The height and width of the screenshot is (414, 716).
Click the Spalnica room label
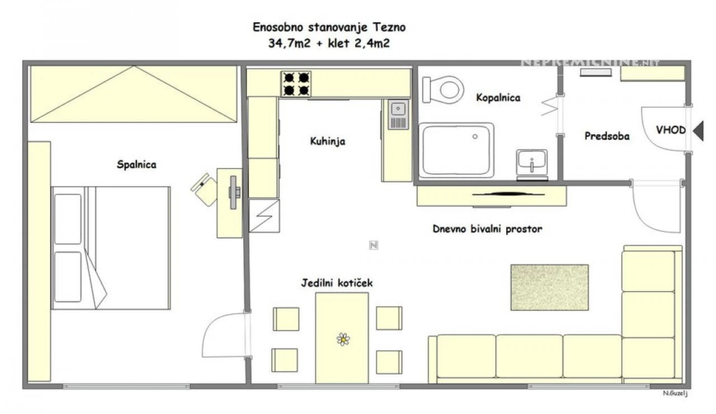[x=136, y=165]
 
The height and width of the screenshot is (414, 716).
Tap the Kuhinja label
[x=327, y=142]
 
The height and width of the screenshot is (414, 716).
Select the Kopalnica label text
[x=498, y=98]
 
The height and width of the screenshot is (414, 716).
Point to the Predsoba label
[x=607, y=136]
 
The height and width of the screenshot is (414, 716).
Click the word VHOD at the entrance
[x=671, y=130]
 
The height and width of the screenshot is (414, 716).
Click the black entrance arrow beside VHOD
[x=699, y=131]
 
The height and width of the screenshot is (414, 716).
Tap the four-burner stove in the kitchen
[x=296, y=84]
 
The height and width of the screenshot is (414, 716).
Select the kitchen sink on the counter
[x=398, y=115]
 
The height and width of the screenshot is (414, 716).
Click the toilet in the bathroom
[x=443, y=88]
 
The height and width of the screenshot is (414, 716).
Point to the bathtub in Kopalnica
[x=456, y=150]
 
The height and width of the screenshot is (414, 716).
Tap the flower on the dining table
[x=343, y=339]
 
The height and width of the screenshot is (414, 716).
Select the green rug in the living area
[x=549, y=288]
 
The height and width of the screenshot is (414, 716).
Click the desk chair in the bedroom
[x=205, y=188]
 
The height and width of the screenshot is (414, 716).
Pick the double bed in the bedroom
[x=111, y=248]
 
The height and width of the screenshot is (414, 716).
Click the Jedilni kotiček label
[x=336, y=283]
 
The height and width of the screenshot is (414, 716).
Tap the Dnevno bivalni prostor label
[x=487, y=229]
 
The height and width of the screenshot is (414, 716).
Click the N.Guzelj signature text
[x=676, y=393]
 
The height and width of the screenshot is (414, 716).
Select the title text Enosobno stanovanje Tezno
[x=329, y=27]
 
